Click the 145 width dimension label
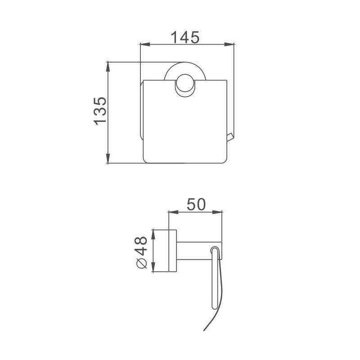click(185, 37)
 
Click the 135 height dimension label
click(100, 111)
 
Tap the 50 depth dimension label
click(196, 204)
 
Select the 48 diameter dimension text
click(140, 246)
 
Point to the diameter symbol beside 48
click(141, 263)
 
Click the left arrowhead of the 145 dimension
click(145, 45)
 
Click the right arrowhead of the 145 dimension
click(229, 45)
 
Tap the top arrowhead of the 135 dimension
click(108, 67)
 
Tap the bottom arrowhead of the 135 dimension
click(108, 158)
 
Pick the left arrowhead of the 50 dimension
click(174, 212)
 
